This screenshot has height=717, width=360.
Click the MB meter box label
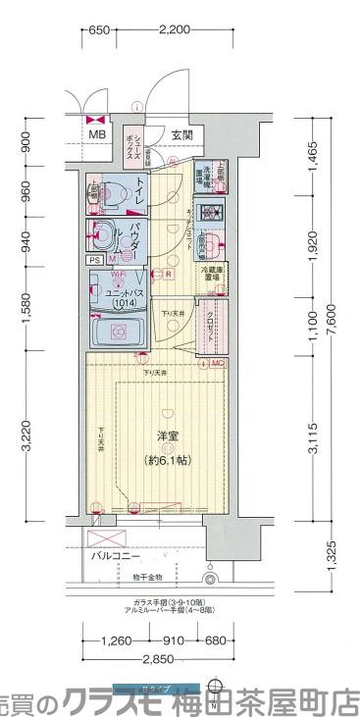(x=97, y=135)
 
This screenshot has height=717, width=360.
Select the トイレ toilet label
(x=141, y=185)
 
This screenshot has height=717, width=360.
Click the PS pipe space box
(x=95, y=261)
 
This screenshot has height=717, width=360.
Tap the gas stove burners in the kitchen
(x=208, y=212)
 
